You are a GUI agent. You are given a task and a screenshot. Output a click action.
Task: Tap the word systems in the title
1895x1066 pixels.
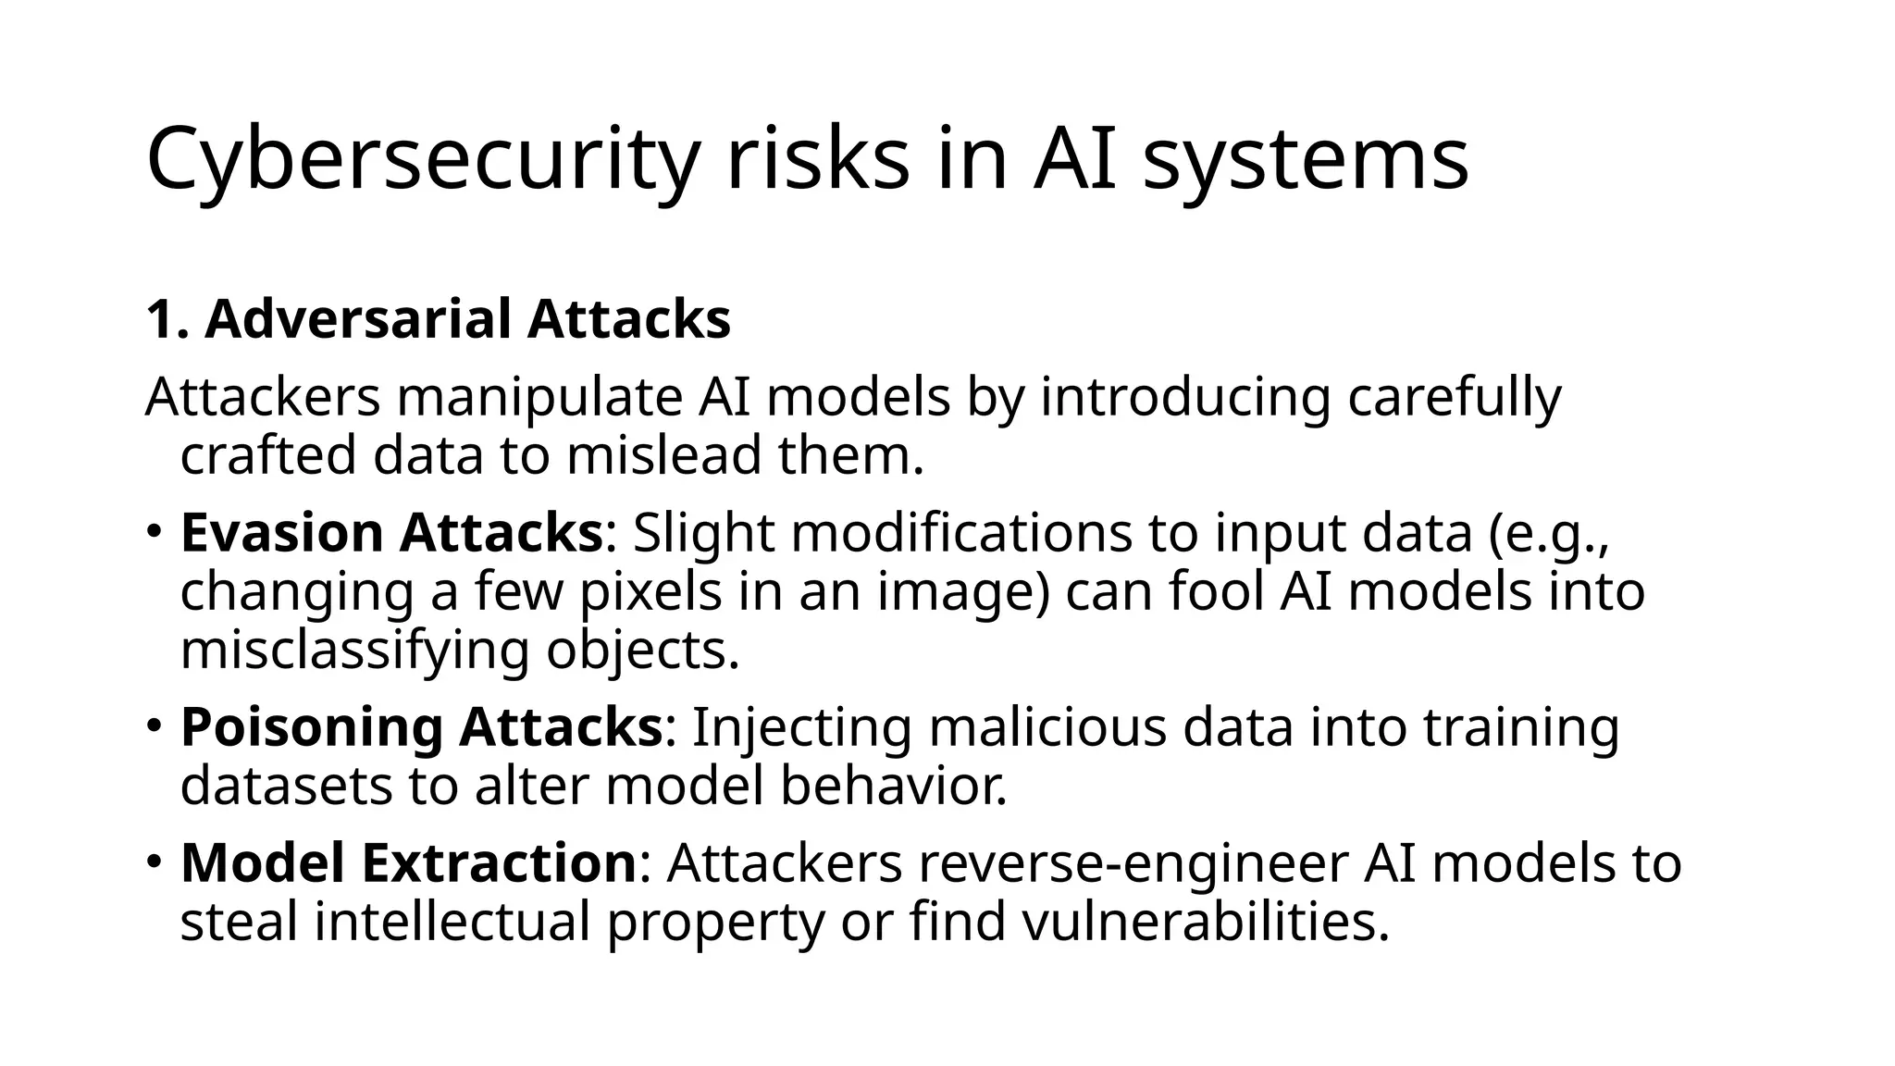coord(1306,159)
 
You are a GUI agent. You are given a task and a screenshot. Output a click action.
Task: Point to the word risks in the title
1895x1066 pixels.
coord(818,159)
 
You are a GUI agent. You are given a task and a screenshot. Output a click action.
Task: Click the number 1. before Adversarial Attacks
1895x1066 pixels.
coord(167,319)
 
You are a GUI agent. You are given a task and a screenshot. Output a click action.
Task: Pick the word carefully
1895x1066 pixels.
coord(1454,398)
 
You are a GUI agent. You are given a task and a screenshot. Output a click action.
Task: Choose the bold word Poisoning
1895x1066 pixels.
coord(311,727)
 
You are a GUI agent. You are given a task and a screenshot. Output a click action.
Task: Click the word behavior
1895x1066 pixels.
coord(893,786)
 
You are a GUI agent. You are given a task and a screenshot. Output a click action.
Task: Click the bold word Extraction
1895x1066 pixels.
coord(498,863)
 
